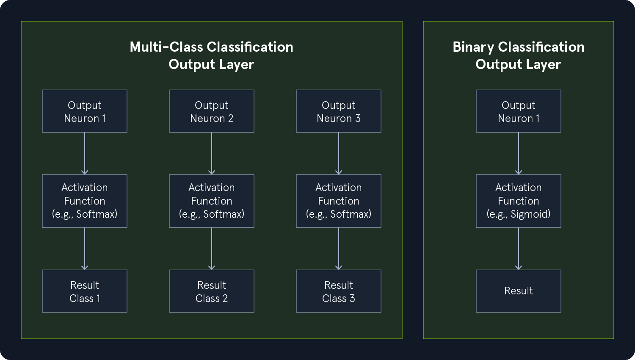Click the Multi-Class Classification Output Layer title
[211, 55]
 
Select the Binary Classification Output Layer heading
[518, 55]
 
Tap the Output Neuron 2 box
[212, 111]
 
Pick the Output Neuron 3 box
[339, 111]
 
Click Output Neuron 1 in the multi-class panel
[85, 111]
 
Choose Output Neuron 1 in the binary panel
[519, 111]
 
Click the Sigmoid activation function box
[519, 201]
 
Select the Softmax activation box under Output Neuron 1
[85, 201]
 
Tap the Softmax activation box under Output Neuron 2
[212, 201]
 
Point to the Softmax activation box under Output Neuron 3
[339, 201]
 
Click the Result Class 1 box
[85, 291]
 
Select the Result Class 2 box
[212, 291]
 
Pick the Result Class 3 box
[339, 291]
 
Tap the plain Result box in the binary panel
[519, 291]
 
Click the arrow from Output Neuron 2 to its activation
[212, 153]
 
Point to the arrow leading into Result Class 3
[339, 249]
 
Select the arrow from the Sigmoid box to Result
[519, 249]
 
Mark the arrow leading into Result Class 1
[85, 249]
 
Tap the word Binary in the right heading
[473, 47]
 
